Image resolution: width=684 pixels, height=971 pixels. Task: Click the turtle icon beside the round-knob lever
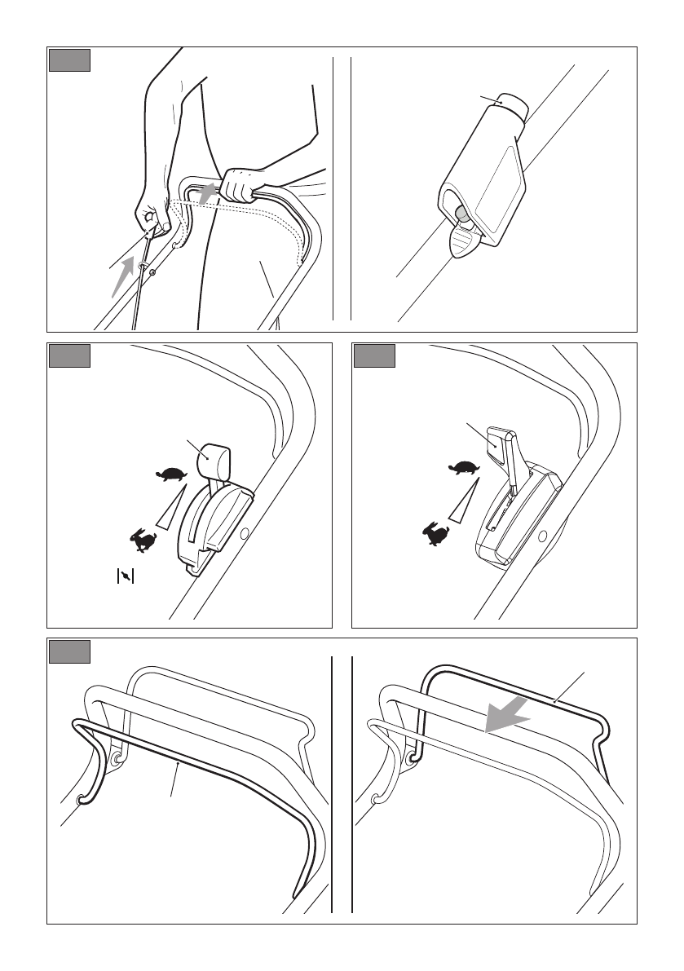(172, 474)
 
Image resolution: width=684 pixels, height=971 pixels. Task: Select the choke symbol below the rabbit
(125, 576)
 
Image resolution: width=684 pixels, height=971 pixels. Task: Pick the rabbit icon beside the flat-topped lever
(435, 534)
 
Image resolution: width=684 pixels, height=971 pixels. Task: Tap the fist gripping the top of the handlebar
(242, 184)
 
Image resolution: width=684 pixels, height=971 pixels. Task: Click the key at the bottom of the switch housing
(464, 241)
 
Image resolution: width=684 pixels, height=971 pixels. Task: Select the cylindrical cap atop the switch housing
(512, 105)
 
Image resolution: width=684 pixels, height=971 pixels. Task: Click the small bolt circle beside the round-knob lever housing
(244, 536)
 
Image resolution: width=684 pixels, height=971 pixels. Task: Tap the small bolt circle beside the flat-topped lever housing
(542, 536)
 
